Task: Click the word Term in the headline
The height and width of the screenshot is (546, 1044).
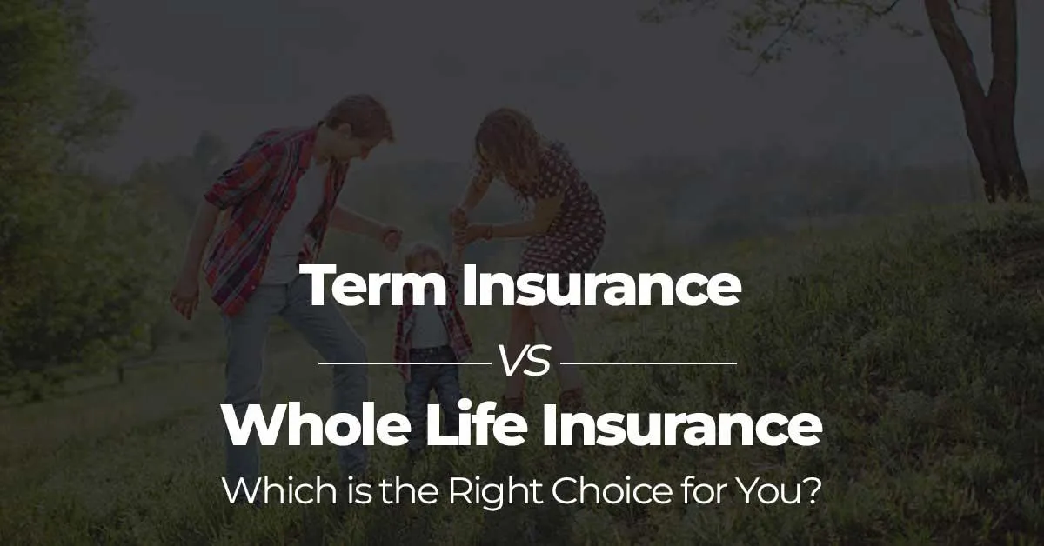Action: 375,286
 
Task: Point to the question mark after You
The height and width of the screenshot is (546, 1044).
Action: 812,493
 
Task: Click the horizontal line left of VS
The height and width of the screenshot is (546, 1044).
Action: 405,362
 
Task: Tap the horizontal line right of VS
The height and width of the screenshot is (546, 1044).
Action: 654,362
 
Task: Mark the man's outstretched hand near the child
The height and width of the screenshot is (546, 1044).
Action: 390,237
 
